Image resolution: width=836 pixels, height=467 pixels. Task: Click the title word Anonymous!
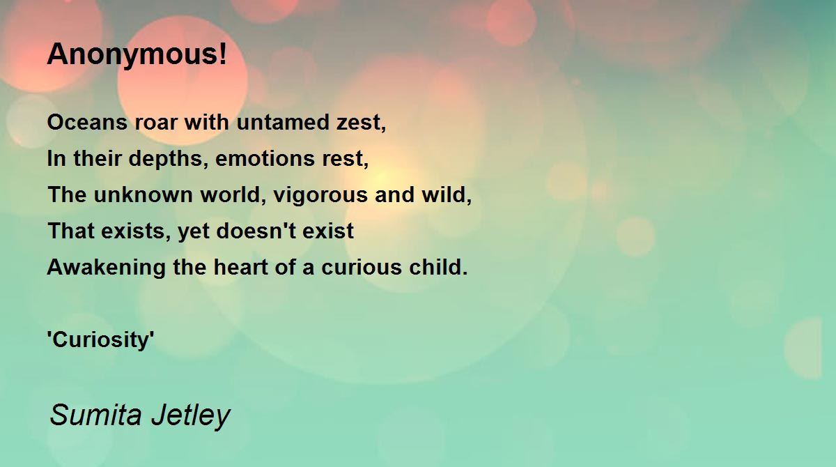tap(137, 55)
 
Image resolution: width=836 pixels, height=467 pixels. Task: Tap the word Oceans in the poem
tap(87, 122)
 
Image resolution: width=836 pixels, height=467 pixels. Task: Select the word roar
tap(155, 123)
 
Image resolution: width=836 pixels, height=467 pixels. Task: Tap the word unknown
tap(143, 194)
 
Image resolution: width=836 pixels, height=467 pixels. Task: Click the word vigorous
tap(320, 196)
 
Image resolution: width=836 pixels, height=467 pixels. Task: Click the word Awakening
tap(107, 268)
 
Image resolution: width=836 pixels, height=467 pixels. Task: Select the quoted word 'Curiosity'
tap(101, 340)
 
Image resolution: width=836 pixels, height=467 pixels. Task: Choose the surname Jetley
tap(191, 416)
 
